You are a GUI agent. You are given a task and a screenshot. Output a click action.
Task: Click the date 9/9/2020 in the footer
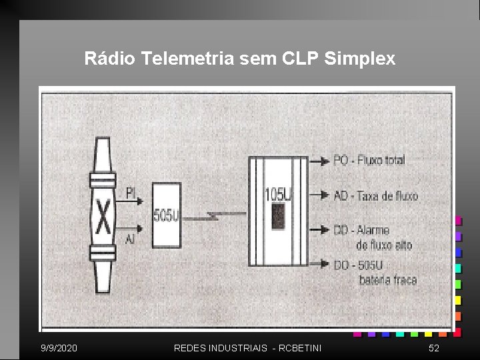59,348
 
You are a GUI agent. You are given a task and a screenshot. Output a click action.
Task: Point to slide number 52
434,348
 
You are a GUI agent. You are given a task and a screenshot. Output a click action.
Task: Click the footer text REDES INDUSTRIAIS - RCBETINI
247,348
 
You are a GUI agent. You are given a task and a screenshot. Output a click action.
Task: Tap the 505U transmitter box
167,215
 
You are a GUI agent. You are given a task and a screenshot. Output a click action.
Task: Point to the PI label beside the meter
131,193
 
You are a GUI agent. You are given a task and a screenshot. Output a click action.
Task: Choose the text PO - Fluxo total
369,160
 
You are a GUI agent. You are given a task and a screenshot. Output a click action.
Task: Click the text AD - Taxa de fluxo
375,196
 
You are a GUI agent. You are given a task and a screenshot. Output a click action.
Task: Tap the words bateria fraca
388,280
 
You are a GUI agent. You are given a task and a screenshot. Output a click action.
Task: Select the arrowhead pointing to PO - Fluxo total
325,160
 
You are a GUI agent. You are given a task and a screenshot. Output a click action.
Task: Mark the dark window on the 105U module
279,215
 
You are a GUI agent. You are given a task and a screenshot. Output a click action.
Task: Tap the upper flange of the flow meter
103,181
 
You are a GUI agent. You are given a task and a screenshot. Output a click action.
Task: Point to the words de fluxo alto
385,245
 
